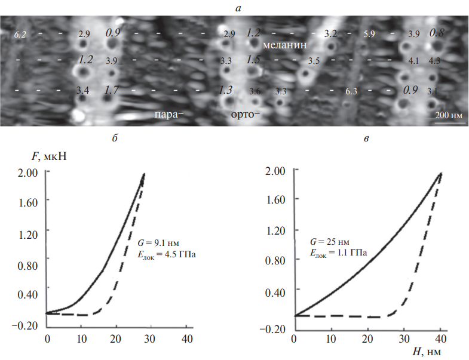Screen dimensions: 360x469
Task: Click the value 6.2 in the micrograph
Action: [20, 35]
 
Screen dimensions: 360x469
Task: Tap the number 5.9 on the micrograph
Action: [369, 35]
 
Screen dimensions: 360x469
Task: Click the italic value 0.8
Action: [436, 33]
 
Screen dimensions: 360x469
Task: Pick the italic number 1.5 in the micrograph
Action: [253, 60]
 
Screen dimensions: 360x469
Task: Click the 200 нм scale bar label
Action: [447, 114]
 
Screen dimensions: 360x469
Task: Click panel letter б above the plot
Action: [114, 139]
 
